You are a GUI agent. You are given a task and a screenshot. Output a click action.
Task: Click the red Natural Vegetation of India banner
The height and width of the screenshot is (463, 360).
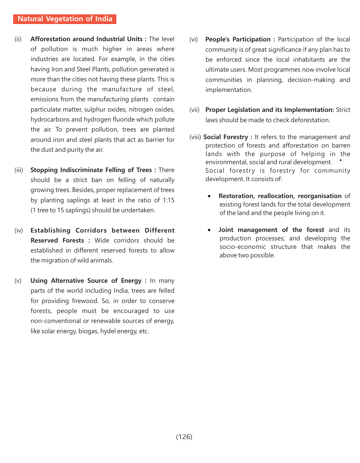(x=65, y=19)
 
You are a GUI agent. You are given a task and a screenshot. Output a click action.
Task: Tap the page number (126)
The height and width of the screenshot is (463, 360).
(x=184, y=437)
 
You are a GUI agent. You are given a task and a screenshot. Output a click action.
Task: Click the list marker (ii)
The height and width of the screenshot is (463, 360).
(x=18, y=39)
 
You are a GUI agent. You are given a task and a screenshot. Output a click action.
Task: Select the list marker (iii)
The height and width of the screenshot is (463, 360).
(x=19, y=170)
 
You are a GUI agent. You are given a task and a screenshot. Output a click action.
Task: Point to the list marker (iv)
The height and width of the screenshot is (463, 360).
(x=19, y=231)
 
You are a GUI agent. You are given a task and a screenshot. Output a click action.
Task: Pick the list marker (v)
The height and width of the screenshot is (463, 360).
(x=18, y=281)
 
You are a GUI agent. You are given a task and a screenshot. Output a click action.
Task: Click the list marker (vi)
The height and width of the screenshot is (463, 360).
(x=194, y=40)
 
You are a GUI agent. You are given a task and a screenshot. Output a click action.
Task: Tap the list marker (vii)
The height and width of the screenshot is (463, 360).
(x=194, y=110)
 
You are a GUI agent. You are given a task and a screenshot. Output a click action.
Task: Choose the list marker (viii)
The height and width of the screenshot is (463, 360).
(x=195, y=137)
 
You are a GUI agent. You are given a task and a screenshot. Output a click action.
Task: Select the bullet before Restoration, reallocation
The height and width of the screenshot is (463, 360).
(x=209, y=196)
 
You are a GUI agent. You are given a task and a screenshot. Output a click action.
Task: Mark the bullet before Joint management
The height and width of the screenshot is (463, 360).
(x=209, y=230)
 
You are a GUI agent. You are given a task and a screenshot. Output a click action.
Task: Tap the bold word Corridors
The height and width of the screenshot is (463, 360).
(x=91, y=230)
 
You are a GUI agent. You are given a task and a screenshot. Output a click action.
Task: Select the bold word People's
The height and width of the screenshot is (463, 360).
(x=217, y=39)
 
